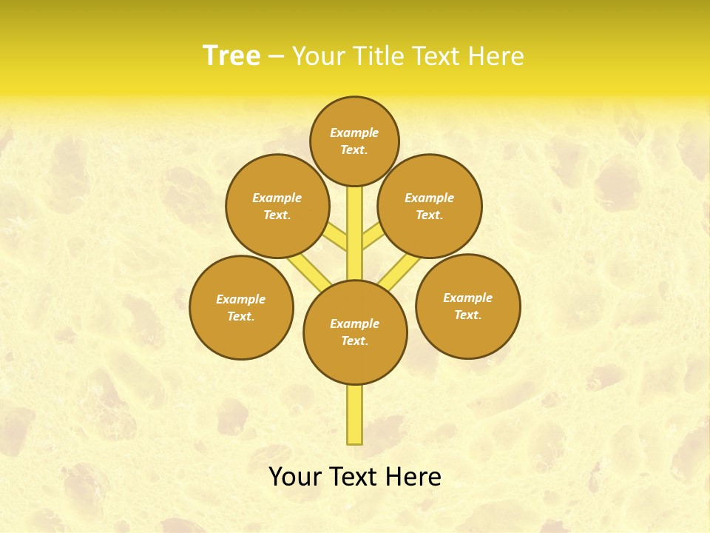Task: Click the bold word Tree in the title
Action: point(231,56)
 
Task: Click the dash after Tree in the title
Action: point(276,56)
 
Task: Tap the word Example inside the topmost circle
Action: point(354,133)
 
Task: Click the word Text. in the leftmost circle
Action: point(241,317)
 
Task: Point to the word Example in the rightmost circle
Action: point(467,298)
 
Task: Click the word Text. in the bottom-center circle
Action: point(354,341)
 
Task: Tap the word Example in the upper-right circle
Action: point(429,198)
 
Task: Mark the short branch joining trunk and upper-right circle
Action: point(373,237)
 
